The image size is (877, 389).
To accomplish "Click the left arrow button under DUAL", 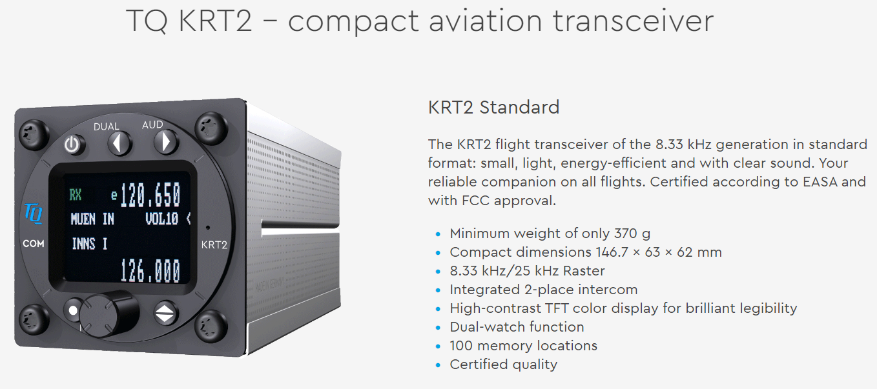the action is [120, 143].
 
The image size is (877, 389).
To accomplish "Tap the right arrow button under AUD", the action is [167, 141].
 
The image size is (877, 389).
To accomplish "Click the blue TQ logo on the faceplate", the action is [34, 214].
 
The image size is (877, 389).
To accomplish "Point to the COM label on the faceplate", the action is [34, 244].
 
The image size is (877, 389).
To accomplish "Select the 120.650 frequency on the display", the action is [150, 195].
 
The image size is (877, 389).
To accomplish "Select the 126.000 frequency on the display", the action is [150, 270].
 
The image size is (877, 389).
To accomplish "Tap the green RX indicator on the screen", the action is [75, 194].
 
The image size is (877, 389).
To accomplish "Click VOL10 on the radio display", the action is [161, 219].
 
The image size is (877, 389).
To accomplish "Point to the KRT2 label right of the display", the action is [214, 244].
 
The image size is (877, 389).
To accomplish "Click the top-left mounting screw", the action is [34, 135].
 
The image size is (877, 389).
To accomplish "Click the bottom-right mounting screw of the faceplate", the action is [211, 326].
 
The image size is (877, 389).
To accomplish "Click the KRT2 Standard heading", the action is [493, 107].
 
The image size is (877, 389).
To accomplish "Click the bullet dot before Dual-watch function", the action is [438, 328].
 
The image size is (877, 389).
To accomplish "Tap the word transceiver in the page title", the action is [633, 21].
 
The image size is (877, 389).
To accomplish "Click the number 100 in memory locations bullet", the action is [461, 346].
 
